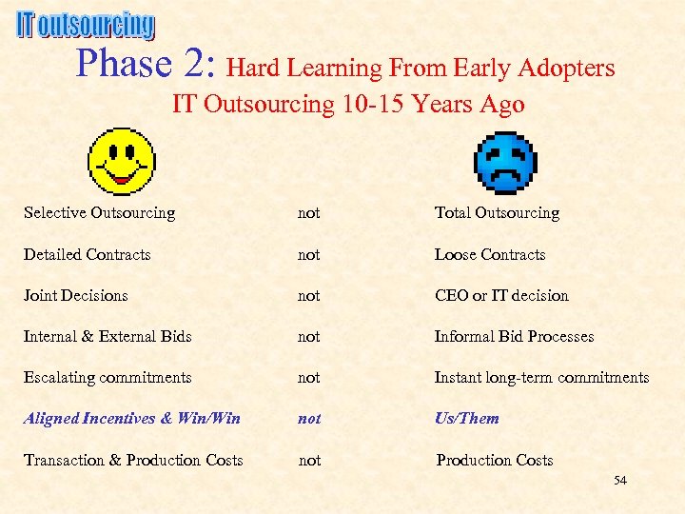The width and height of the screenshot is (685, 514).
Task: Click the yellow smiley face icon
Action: (x=121, y=161)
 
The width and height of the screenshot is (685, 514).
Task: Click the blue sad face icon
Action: (x=505, y=162)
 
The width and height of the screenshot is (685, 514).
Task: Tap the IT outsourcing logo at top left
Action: (x=86, y=26)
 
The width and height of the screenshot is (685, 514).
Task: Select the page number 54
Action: (x=619, y=481)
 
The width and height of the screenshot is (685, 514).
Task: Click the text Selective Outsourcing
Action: (x=99, y=213)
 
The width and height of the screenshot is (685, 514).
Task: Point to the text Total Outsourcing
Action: (x=497, y=213)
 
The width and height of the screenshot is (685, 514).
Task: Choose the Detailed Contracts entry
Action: (x=88, y=255)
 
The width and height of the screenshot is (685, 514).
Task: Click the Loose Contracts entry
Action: (x=490, y=255)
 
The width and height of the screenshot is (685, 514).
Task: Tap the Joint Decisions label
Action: (x=75, y=296)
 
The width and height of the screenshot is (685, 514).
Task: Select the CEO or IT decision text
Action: (x=501, y=296)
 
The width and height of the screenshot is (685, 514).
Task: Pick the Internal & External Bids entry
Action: (x=108, y=337)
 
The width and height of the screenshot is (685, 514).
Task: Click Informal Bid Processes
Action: (x=514, y=337)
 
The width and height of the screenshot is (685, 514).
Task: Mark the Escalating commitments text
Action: (x=108, y=378)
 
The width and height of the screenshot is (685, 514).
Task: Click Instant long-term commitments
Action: (x=541, y=378)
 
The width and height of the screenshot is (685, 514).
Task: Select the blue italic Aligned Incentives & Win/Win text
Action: (x=132, y=419)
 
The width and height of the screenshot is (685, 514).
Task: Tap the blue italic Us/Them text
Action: (x=466, y=419)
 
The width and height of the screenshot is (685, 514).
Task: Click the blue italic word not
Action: (x=309, y=419)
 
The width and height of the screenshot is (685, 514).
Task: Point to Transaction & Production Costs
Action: (x=133, y=461)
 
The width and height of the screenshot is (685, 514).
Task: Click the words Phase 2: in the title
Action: (x=147, y=65)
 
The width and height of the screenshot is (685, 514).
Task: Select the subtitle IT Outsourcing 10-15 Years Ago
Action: (x=348, y=104)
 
